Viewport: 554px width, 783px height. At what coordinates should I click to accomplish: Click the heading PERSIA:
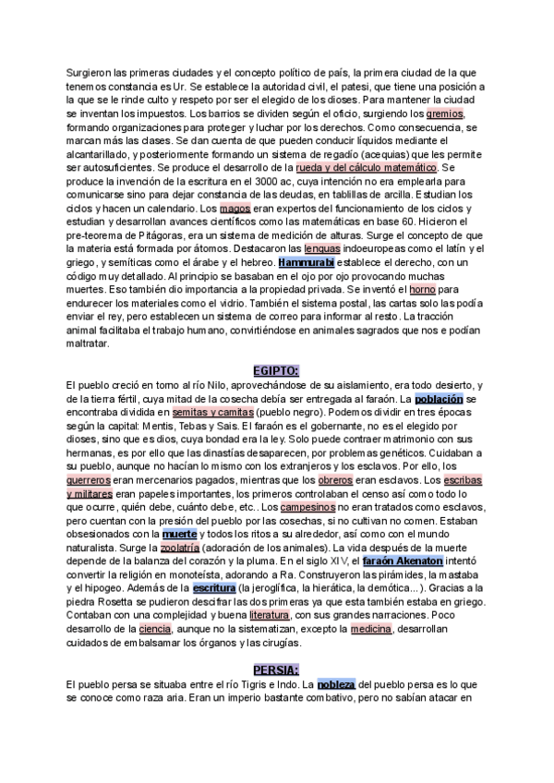point(277,669)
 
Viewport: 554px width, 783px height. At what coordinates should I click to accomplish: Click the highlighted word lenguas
point(328,249)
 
